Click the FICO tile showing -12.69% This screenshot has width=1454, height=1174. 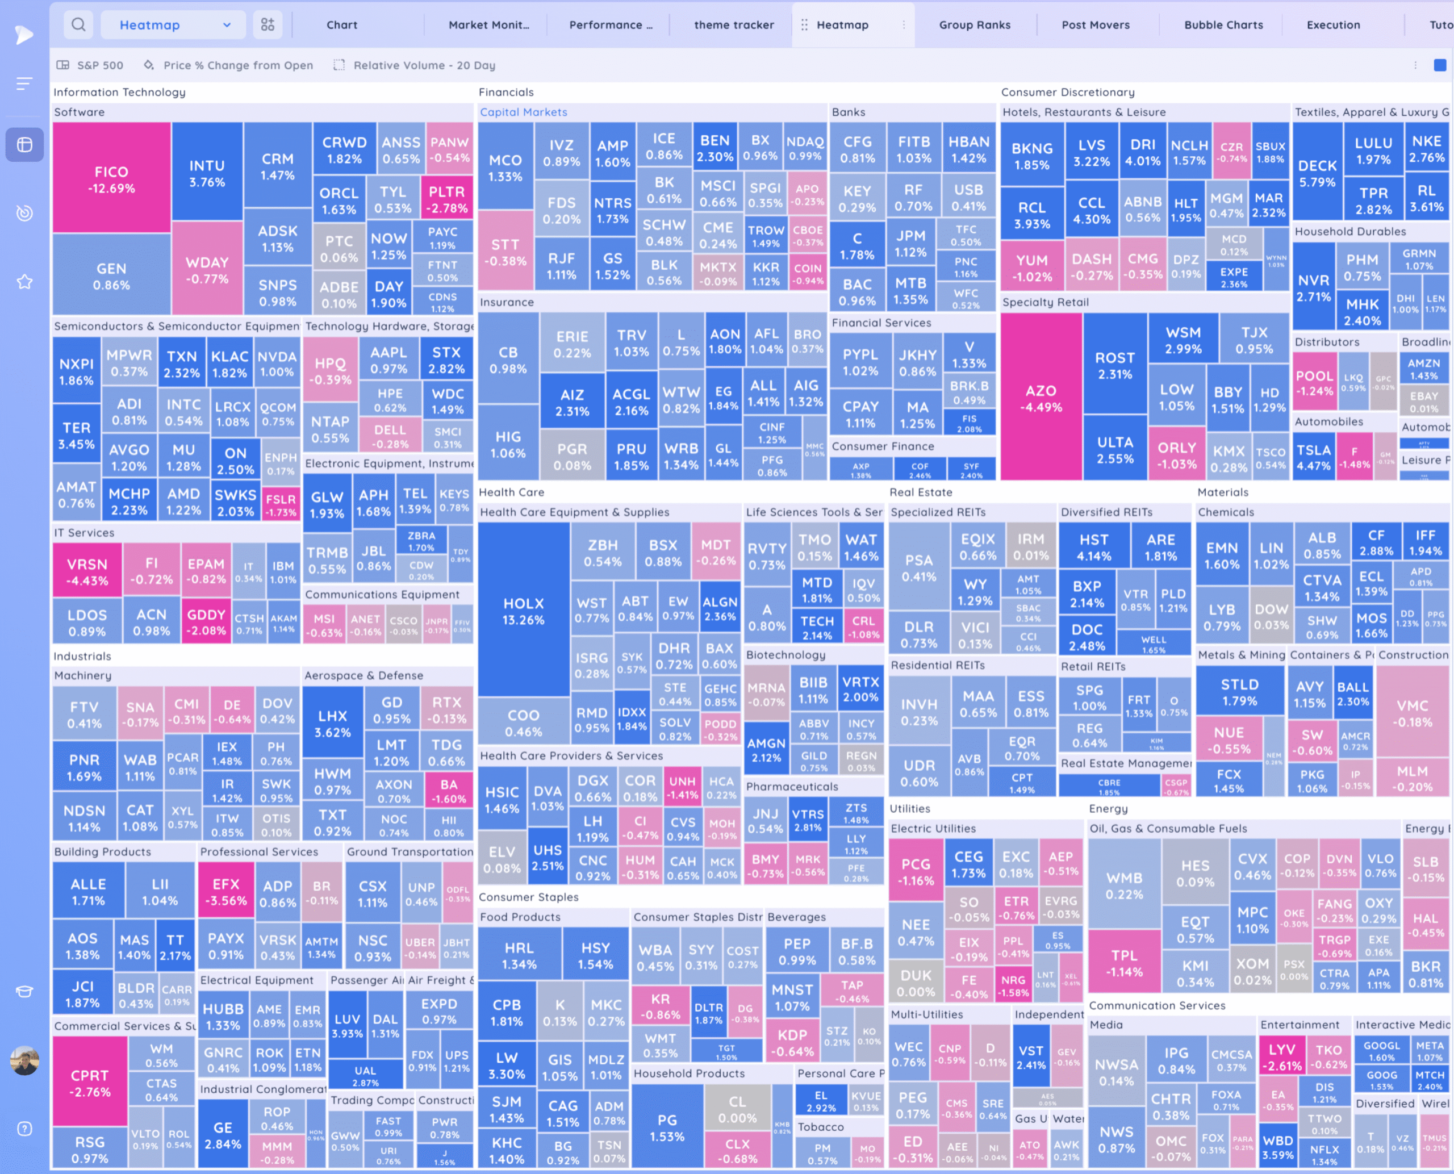[111, 179]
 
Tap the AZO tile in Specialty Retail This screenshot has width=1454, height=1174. [1040, 398]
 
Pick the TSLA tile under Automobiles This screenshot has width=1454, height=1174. [1313, 457]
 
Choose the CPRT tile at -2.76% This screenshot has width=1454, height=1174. [89, 1082]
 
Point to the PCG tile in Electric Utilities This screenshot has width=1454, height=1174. [915, 871]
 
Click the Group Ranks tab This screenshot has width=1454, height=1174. [975, 25]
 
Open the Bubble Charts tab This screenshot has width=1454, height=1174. [1223, 25]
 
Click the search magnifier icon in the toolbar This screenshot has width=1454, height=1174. [78, 25]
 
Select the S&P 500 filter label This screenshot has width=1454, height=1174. [99, 65]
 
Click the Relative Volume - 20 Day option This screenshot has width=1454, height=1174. [424, 65]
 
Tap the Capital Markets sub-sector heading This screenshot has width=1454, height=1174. [524, 112]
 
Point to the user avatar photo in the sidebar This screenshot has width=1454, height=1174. [24, 1061]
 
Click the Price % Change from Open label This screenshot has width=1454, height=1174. [238, 65]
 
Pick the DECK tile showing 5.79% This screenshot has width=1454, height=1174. [1317, 173]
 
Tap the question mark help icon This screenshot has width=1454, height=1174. [24, 1129]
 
